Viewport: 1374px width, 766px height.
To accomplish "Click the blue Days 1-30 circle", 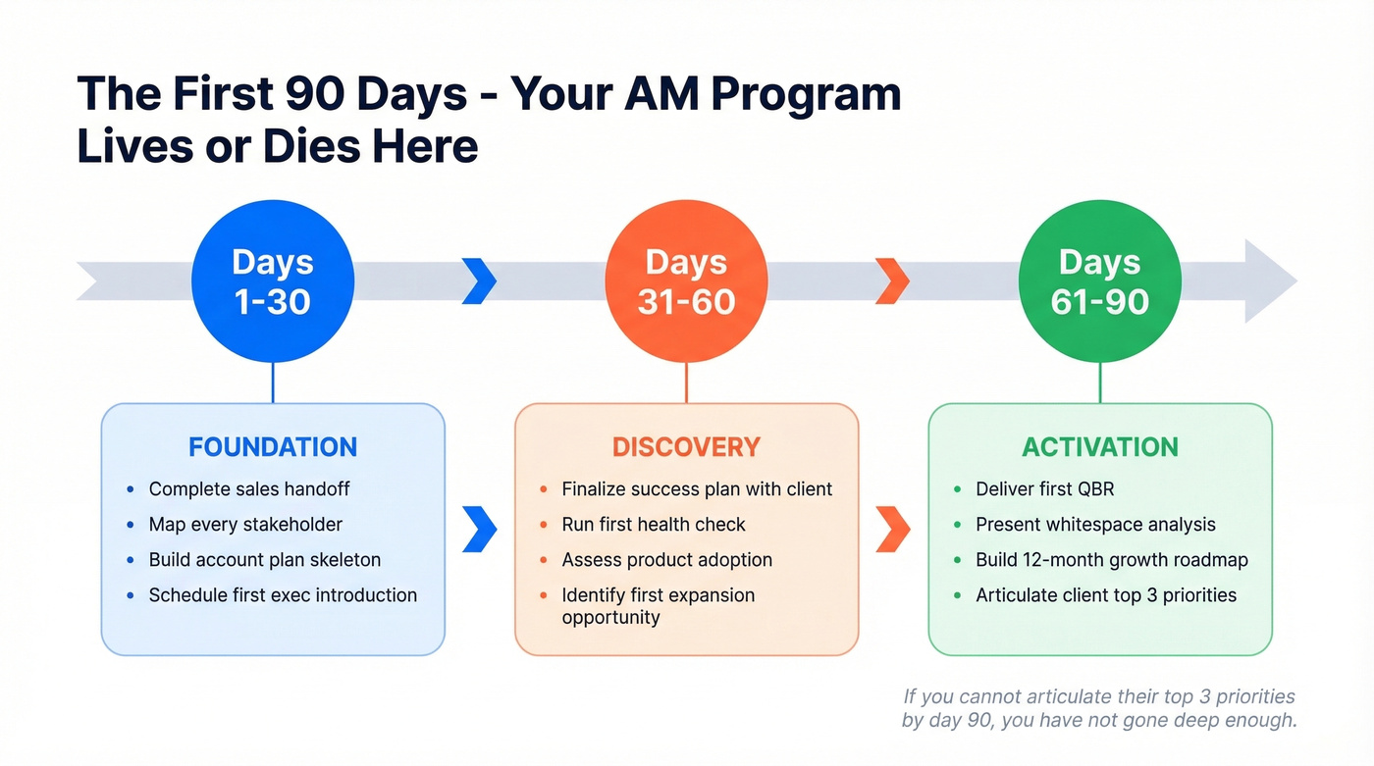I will (273, 281).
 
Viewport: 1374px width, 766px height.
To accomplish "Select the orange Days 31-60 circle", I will (686, 281).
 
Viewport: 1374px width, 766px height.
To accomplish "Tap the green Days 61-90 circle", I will (1099, 281).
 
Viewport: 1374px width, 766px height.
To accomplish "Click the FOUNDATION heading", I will (273, 447).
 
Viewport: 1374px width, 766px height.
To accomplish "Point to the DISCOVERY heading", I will (686, 447).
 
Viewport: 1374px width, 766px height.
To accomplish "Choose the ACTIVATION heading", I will (1099, 447).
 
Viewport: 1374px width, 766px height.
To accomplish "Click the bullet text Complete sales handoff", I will (249, 488).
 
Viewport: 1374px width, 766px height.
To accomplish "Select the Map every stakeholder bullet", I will (245, 525).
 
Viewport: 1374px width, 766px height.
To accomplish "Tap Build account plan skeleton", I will (265, 560).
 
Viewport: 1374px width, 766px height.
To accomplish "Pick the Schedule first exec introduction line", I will (283, 595).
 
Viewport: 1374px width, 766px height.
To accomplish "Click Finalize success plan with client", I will (697, 488).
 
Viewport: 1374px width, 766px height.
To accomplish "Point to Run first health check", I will (654, 525).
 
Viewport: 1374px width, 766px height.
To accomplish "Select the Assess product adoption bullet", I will (666, 560).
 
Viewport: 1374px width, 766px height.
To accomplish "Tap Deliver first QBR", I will (1044, 488).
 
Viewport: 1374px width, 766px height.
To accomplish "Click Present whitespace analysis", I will (1095, 525).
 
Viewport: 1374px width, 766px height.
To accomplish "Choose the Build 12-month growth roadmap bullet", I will (1111, 560).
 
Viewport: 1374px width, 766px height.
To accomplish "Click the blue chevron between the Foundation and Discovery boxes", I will (479, 530).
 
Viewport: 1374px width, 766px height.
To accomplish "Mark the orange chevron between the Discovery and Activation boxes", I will (892, 530).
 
